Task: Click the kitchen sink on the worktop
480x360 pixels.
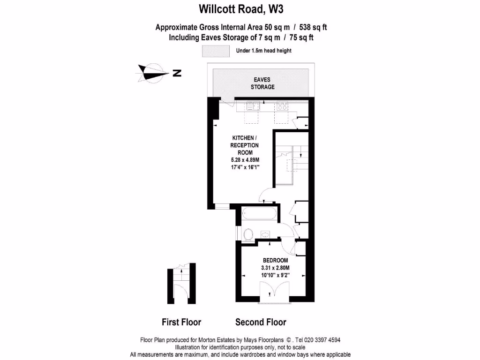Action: point(249,106)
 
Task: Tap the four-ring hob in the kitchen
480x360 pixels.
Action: point(282,106)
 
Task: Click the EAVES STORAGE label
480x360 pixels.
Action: point(262,83)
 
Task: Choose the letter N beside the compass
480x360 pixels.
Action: point(177,73)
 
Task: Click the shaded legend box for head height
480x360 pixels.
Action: point(216,51)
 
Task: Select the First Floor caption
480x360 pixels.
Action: point(181,322)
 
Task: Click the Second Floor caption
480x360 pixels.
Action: point(261,322)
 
